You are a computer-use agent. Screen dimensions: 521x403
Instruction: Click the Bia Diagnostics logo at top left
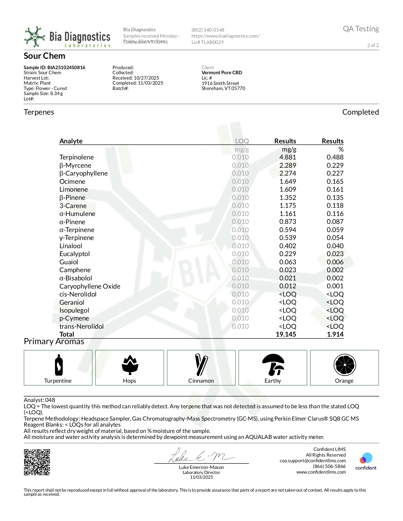pos(67,37)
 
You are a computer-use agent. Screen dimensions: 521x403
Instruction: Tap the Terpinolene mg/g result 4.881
pos(288,157)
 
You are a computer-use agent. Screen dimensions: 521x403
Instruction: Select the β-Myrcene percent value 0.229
pos(335,165)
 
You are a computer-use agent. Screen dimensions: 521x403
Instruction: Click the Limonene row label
pos(74,189)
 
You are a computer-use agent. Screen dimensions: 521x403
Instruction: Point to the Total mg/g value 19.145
pos(286,334)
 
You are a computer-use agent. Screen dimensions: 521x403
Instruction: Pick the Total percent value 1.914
pos(335,334)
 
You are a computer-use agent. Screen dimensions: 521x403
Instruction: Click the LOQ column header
pos(242,141)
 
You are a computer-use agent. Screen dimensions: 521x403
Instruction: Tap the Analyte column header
pos(71,141)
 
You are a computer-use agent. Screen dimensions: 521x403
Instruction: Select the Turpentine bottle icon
pos(58,365)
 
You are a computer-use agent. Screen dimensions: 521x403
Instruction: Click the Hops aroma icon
pos(130,365)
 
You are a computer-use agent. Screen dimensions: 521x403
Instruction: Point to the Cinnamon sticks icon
pos(201,365)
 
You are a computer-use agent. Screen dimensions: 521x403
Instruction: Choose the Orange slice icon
pos(345,365)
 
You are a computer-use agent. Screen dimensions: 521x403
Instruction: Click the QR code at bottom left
pos(37,462)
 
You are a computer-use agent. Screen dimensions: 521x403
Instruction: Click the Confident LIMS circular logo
pos(366,458)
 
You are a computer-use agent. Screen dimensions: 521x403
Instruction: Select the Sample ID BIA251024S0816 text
pos(54,68)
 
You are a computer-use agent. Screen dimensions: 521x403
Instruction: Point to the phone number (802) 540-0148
pos(208,30)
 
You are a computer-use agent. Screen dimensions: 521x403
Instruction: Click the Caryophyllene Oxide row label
pos(90,286)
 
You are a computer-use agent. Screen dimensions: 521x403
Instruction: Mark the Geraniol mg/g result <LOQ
pos(287,302)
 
